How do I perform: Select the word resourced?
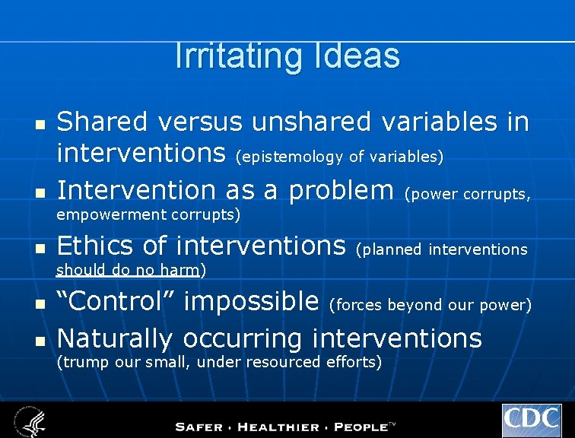[x=281, y=362]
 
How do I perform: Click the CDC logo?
[x=531, y=420]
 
